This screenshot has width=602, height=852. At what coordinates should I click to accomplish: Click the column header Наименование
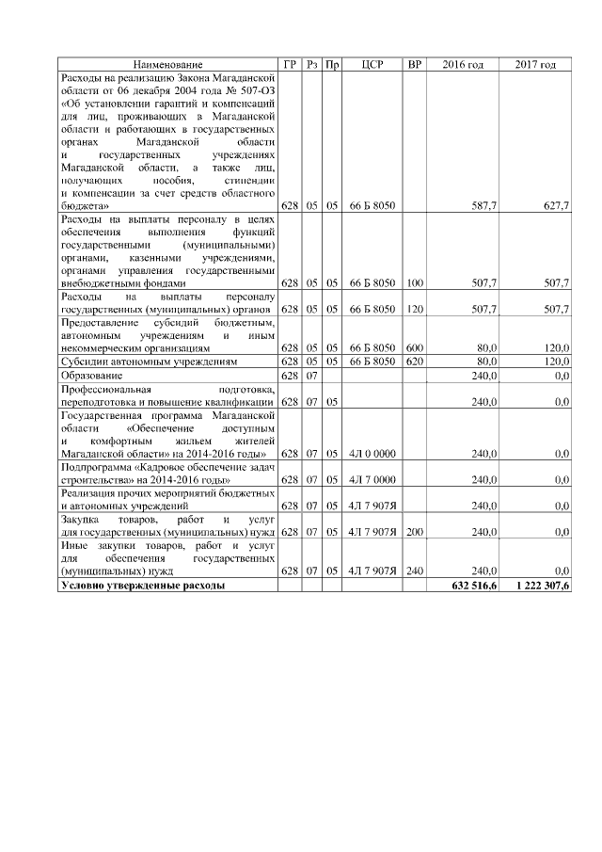click(x=167, y=64)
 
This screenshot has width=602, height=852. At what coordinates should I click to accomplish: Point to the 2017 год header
click(x=536, y=64)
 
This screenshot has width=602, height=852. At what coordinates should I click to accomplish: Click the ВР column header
click(x=414, y=64)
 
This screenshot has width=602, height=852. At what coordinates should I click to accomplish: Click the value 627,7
click(x=556, y=204)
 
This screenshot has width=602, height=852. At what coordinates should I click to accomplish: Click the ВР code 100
click(x=415, y=282)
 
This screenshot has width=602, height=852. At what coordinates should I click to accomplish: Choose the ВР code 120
click(x=415, y=309)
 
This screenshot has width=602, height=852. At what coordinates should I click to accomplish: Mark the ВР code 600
click(x=415, y=347)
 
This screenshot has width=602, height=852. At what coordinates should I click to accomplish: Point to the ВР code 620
click(x=415, y=362)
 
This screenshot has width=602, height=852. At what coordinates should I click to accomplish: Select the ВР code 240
click(x=415, y=571)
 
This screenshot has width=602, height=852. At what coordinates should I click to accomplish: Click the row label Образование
click(x=91, y=376)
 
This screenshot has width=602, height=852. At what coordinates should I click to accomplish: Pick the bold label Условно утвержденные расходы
click(x=142, y=586)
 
